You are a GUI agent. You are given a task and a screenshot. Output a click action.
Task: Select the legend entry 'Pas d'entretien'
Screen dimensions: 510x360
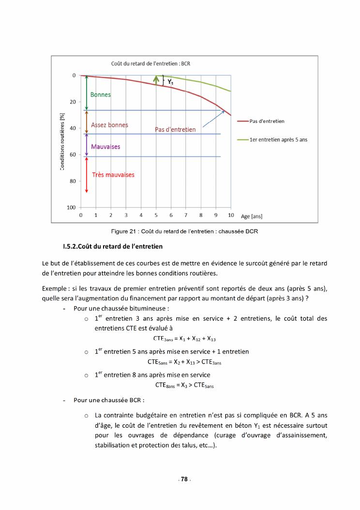coord(267,121)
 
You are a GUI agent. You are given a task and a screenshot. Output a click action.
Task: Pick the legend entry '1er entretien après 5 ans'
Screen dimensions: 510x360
coord(278,139)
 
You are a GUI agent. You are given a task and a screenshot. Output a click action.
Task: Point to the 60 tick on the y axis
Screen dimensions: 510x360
coord(73,155)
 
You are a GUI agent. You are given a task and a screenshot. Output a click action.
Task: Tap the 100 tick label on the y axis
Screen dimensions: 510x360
coord(71,207)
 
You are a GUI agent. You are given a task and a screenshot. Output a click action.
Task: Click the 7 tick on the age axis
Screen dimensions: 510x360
coord(186,215)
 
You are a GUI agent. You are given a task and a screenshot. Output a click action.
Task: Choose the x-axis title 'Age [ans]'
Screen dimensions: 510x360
coord(252,216)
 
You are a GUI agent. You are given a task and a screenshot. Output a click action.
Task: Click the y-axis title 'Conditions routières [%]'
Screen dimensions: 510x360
coord(62,141)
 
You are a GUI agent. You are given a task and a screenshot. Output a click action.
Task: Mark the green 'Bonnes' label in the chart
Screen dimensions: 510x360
coord(101,95)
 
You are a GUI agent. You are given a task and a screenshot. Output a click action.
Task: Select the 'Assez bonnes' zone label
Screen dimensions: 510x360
coord(110,125)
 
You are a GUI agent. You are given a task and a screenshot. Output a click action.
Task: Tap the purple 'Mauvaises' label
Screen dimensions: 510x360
coord(105,146)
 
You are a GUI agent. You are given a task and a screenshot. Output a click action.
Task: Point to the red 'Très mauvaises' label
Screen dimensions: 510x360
coord(113,175)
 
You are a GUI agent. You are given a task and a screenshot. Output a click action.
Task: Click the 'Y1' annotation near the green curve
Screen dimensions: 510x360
coord(170,82)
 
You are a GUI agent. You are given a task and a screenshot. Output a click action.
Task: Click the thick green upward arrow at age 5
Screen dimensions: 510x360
coord(156,79)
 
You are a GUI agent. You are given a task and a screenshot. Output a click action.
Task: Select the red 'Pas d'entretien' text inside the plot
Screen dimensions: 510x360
coord(175,129)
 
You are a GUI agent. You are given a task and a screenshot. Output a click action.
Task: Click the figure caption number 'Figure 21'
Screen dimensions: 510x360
coord(123,232)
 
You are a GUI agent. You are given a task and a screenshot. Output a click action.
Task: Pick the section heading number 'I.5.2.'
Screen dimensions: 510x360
coord(73,247)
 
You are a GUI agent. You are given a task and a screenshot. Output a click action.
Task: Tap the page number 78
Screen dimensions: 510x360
coord(184,479)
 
